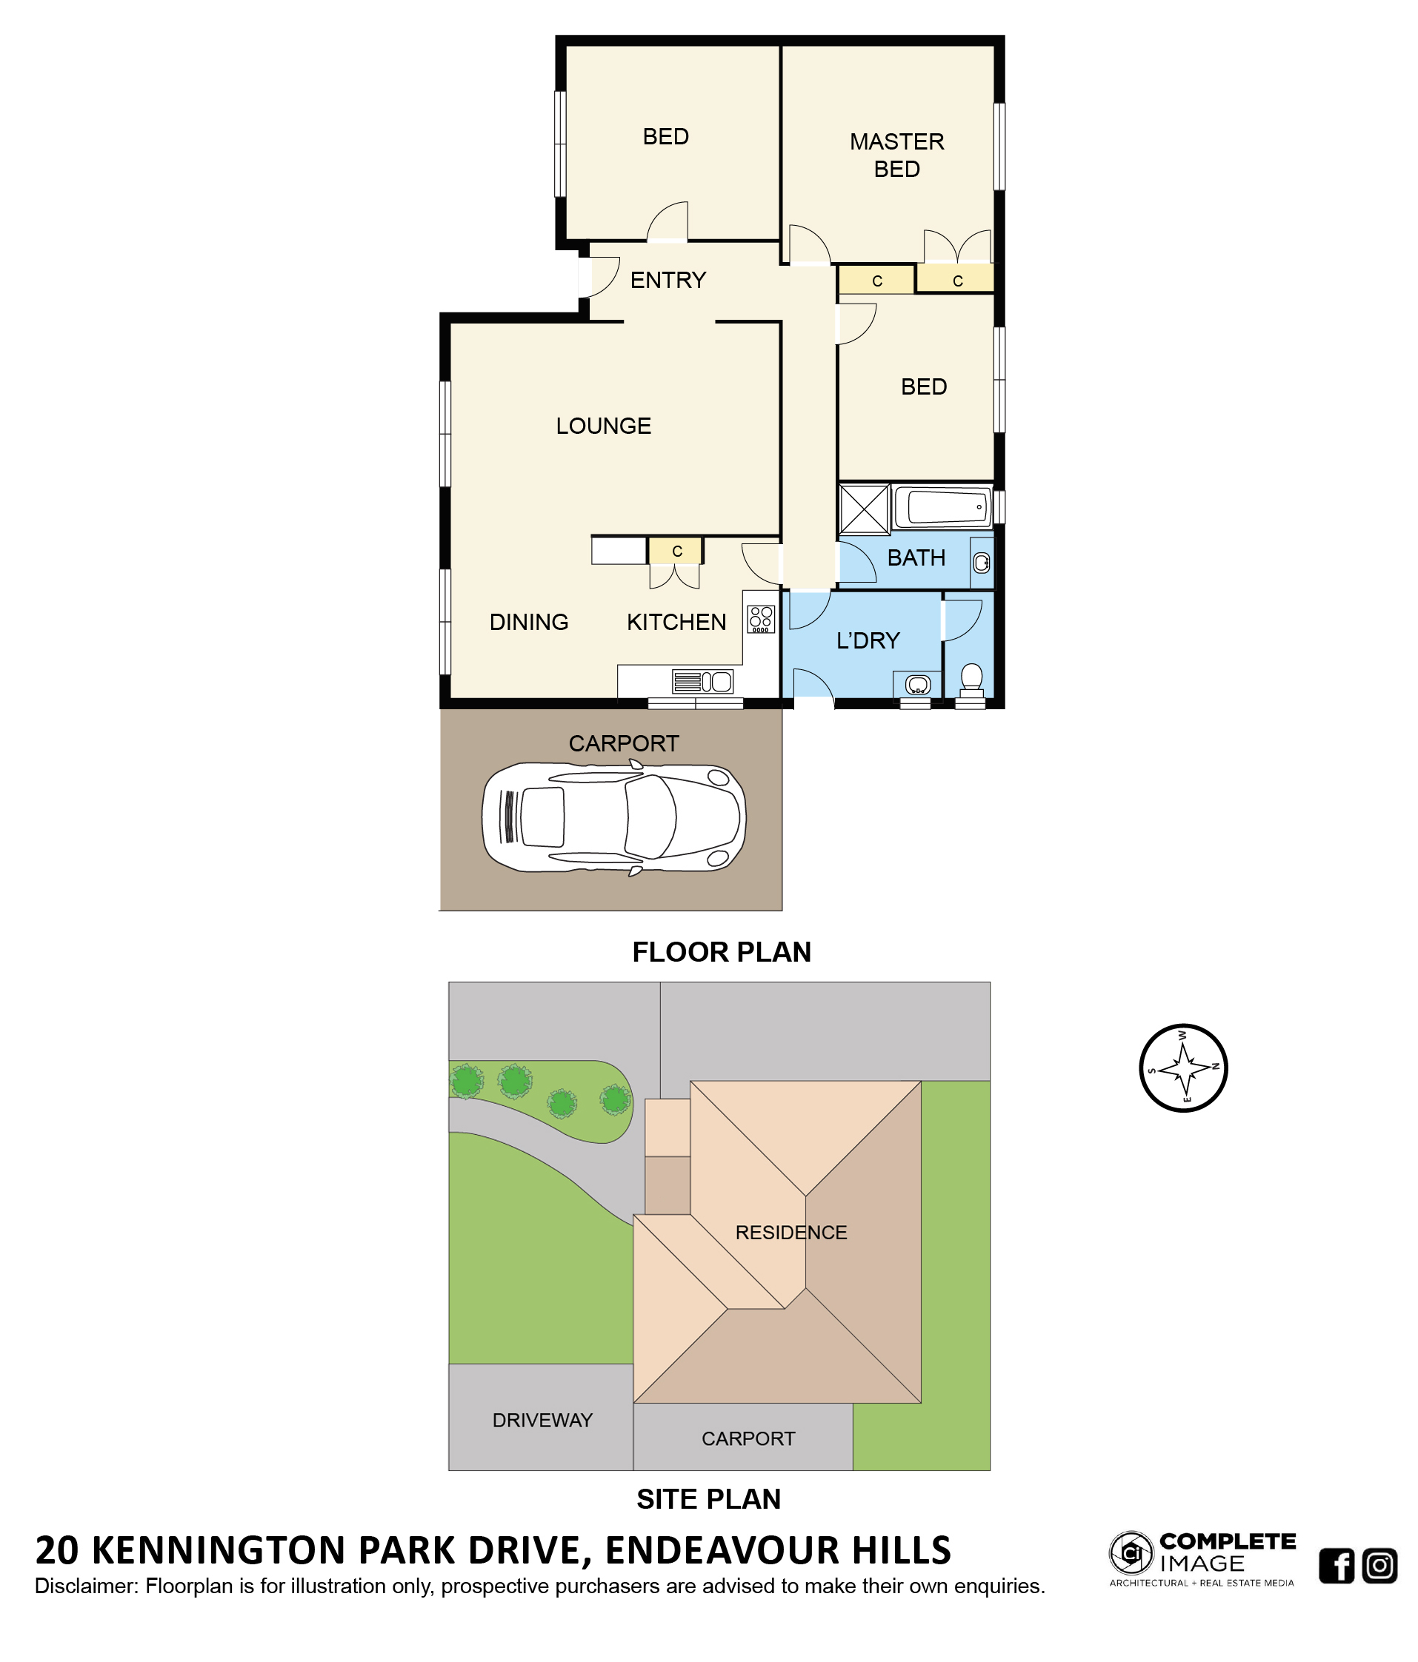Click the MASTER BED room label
pyautogui.click(x=896, y=155)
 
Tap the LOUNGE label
pyautogui.click(x=604, y=426)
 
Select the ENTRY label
pyautogui.click(x=668, y=280)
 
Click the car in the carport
pyautogui.click(x=614, y=817)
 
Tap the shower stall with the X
pyautogui.click(x=865, y=509)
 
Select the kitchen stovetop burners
pyautogui.click(x=761, y=618)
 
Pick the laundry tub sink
pyautogui.click(x=917, y=685)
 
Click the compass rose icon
pyautogui.click(x=1184, y=1068)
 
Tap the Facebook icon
pyautogui.click(x=1337, y=1566)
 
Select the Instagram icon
pyautogui.click(x=1379, y=1566)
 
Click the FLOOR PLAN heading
pyautogui.click(x=722, y=952)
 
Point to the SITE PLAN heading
pyautogui.click(x=708, y=1499)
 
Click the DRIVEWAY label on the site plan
pyautogui.click(x=542, y=1421)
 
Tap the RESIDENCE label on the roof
pyautogui.click(x=791, y=1233)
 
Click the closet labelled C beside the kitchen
pyautogui.click(x=676, y=551)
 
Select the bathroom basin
pyautogui.click(x=982, y=563)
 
